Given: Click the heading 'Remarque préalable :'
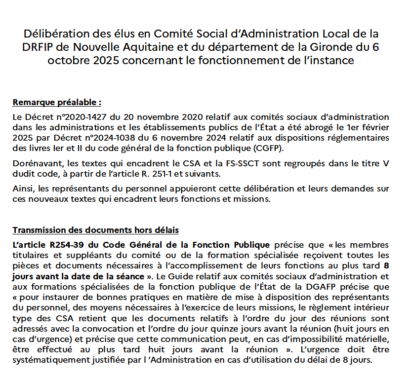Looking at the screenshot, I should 57,103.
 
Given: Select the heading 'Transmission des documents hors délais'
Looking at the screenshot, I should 96,230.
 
